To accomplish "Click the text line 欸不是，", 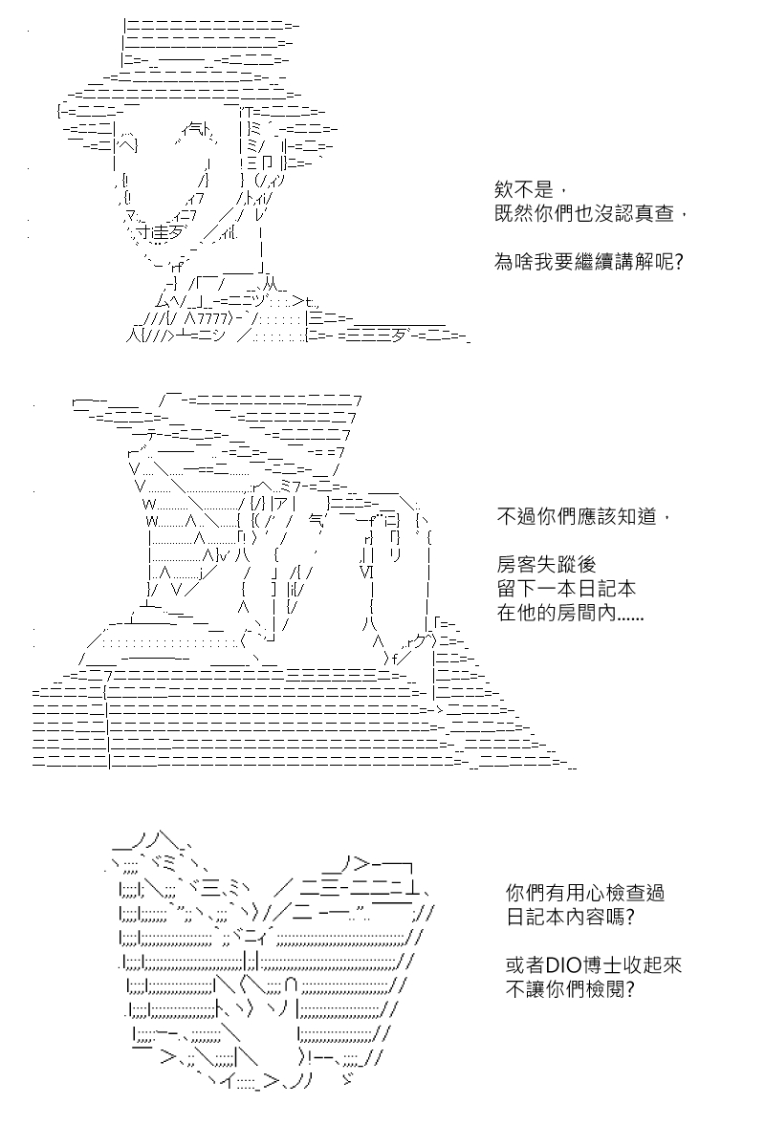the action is pyautogui.click(x=530, y=190).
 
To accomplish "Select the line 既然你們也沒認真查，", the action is pyautogui.click(x=590, y=213).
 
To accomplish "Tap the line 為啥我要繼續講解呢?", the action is pyautogui.click(x=589, y=262).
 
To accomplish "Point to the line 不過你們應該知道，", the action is pyautogui.click(x=583, y=516).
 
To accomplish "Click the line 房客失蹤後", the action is pyautogui.click(x=546, y=564).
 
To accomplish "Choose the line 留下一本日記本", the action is pyautogui.click(x=566, y=589).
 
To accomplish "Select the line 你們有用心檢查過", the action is pyautogui.click(x=585, y=893).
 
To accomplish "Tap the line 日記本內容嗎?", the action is pyautogui.click(x=570, y=917).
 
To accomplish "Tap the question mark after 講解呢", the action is pyautogui.click(x=679, y=262).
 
